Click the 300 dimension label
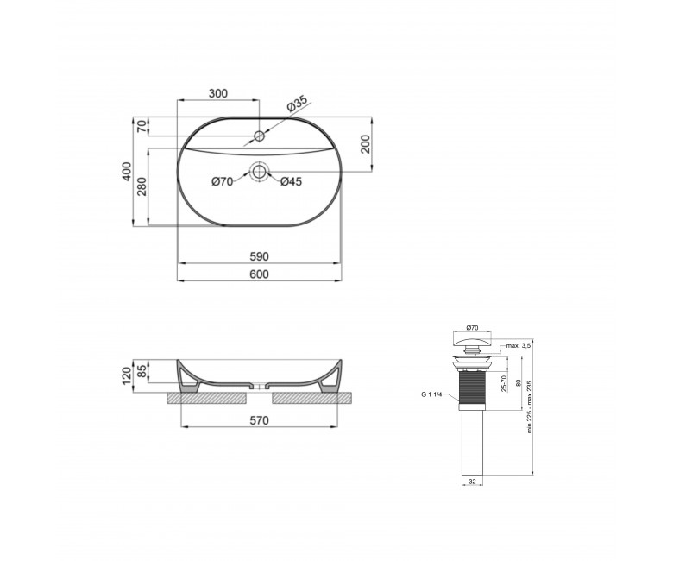[218, 93]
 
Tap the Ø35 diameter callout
[297, 104]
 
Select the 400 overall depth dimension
[127, 171]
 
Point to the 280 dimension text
[142, 186]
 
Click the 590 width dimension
[259, 256]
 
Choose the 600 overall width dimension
[259, 274]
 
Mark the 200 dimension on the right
[365, 144]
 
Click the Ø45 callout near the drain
[292, 181]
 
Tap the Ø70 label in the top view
[223, 182]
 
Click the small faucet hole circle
[259, 136]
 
